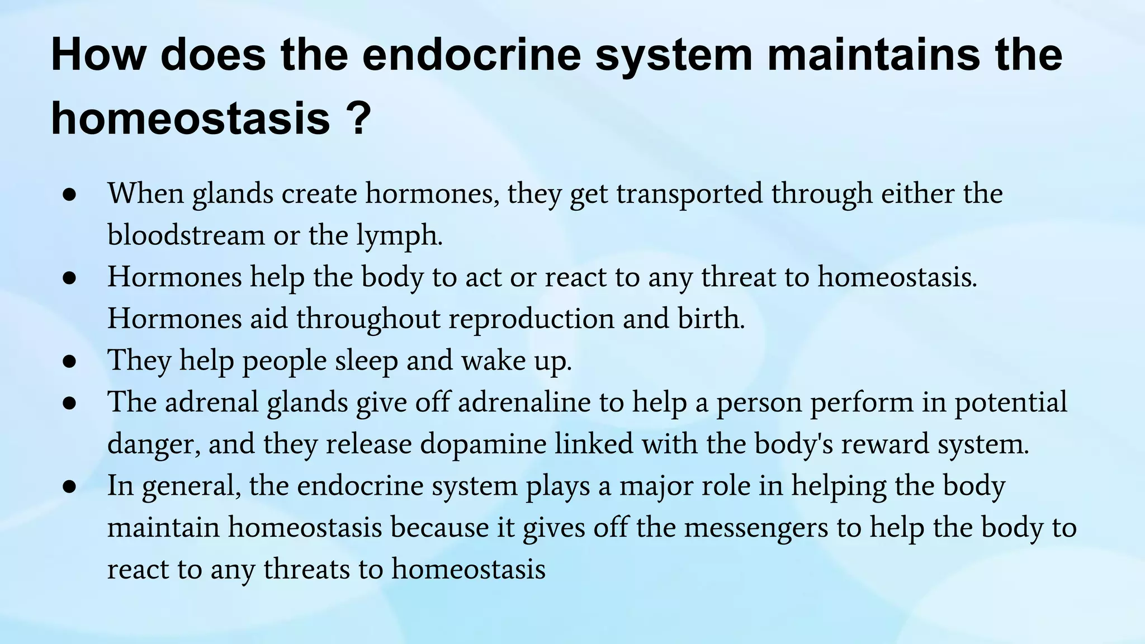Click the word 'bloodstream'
[x=186, y=235]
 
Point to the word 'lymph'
[x=399, y=236]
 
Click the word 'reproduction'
[x=531, y=319]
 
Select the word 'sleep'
[x=366, y=361]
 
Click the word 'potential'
[x=1010, y=402]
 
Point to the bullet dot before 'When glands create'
[x=69, y=195]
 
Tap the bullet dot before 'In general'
[x=69, y=487]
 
